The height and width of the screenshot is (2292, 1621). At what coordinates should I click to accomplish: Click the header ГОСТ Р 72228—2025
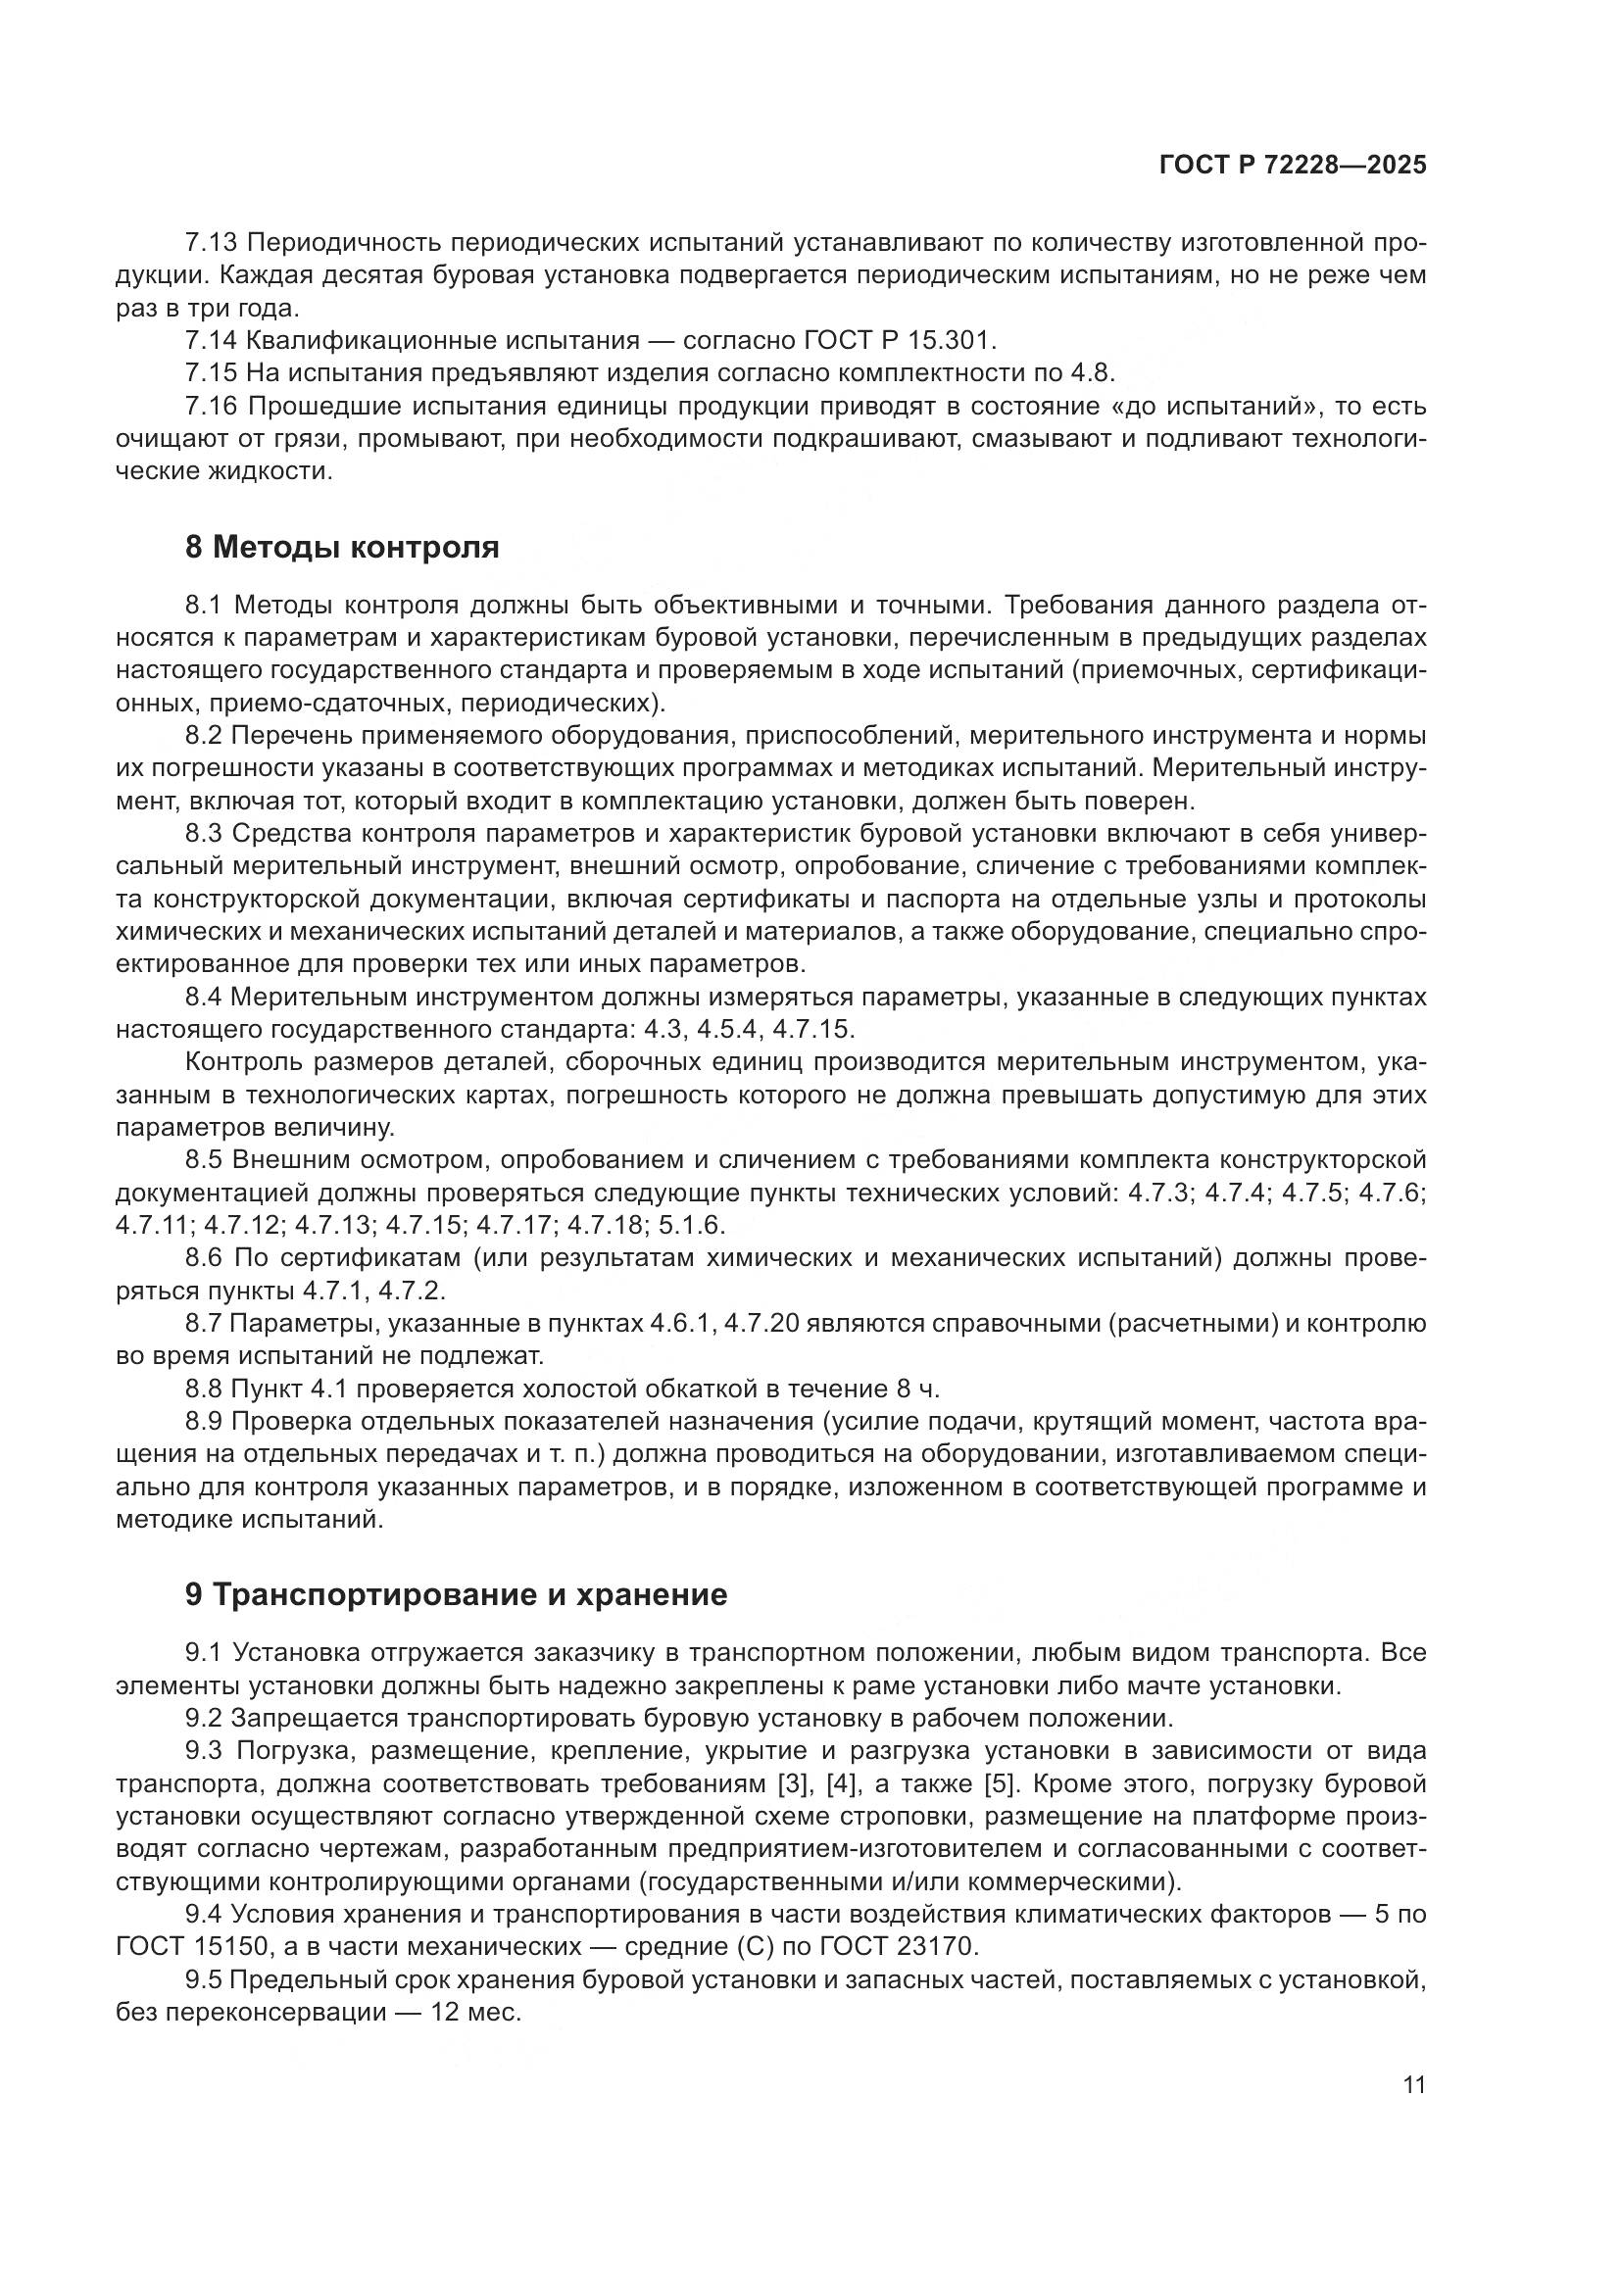[x=1293, y=166]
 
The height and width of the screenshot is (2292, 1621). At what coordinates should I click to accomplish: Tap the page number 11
[x=1413, y=2084]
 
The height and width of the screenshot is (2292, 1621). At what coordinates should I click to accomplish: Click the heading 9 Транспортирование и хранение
[x=455, y=1594]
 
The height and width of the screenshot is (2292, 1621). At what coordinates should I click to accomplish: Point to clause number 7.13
[x=211, y=243]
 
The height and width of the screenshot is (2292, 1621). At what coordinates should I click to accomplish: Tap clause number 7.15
[x=211, y=373]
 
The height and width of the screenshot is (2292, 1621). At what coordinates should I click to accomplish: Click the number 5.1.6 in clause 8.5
[x=687, y=1225]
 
